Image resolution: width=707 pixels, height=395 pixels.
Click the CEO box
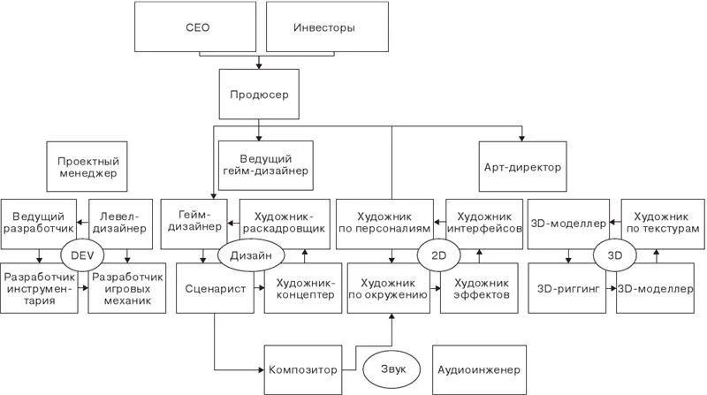coord(195,27)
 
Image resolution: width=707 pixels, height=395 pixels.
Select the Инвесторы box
coord(327,27)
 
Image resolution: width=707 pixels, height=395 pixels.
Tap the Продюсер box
coord(259,95)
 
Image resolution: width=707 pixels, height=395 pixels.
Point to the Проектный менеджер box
coord(87,166)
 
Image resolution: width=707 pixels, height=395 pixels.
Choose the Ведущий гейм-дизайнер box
coord(266,165)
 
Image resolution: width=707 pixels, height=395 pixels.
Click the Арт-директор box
coord(522,166)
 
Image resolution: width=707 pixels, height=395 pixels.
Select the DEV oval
coord(82,255)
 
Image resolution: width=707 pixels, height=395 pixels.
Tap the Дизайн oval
coord(251,255)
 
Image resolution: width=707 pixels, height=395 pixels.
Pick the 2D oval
coord(438,255)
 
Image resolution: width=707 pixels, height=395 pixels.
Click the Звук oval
coord(392,369)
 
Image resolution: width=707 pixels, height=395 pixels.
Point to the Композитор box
coord(303,369)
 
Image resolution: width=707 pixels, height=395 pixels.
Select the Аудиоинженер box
coord(479,369)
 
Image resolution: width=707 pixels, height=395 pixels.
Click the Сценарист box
coord(215,288)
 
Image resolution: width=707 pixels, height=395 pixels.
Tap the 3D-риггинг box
coord(566,288)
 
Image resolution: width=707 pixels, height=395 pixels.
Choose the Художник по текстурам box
coord(663,224)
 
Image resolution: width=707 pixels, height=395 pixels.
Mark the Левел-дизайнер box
coord(120,224)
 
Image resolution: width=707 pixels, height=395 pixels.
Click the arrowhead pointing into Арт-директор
coord(522,138)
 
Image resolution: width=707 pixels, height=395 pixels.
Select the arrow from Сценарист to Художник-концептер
coord(259,288)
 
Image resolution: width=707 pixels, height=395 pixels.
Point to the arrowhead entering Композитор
coord(261,369)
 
